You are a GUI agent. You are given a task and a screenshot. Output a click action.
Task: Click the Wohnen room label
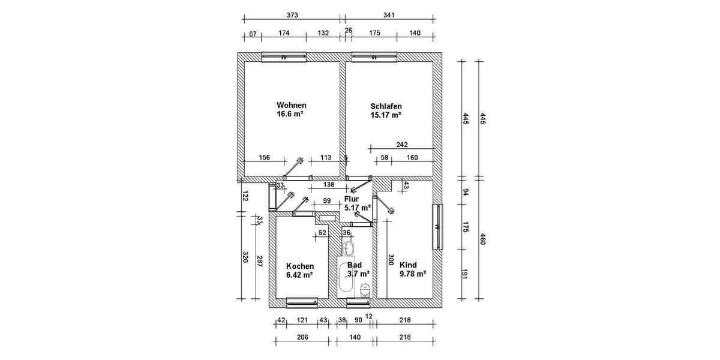(x=291, y=104)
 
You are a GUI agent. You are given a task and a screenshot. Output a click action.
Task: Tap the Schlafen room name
(x=386, y=106)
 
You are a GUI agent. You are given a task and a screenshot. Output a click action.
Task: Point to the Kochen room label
(x=300, y=266)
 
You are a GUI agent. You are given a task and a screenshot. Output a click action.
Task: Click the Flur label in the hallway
(x=352, y=199)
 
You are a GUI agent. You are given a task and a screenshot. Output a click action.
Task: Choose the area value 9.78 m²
(x=413, y=274)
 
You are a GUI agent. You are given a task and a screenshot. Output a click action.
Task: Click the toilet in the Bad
(x=364, y=290)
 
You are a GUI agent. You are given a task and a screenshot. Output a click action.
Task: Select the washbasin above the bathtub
(x=349, y=248)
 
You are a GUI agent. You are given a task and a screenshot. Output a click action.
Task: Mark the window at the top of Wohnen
(x=284, y=57)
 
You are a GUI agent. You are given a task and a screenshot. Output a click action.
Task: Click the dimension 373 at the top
(x=292, y=15)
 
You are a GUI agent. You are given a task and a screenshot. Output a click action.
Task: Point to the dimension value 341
(x=389, y=15)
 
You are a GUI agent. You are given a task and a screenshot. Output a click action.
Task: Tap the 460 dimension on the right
(x=482, y=240)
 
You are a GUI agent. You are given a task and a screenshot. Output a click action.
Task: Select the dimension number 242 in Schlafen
(x=402, y=144)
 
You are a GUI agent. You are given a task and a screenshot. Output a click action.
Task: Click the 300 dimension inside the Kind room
(x=391, y=259)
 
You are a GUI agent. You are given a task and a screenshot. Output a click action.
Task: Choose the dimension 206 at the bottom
(x=302, y=338)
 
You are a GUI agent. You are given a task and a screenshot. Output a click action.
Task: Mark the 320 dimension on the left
(x=245, y=257)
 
